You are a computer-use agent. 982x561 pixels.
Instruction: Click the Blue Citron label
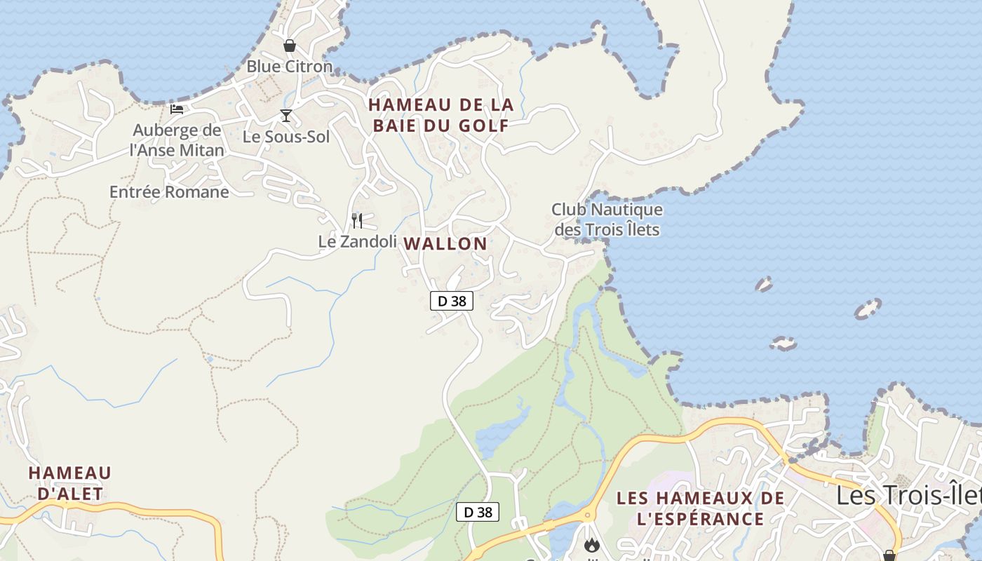pos(289,67)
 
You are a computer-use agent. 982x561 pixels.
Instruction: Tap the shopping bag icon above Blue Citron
pos(289,46)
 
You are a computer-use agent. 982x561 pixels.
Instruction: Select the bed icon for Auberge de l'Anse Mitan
pos(177,109)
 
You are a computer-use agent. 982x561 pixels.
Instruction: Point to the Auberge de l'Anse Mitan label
pos(177,140)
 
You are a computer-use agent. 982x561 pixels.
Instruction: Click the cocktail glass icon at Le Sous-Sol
pos(286,116)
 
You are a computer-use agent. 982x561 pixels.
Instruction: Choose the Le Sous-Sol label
pos(286,137)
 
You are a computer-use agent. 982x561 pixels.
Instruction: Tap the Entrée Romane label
pos(169,191)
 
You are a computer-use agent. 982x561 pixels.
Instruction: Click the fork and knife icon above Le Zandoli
pos(357,221)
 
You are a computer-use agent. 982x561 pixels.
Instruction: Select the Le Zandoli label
pos(358,241)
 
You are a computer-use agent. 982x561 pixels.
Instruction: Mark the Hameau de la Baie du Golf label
pos(441,115)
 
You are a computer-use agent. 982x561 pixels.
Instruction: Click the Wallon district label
pos(445,244)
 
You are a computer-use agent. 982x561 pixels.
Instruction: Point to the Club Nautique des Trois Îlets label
pos(607,219)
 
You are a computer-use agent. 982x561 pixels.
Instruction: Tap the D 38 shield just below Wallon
pos(452,301)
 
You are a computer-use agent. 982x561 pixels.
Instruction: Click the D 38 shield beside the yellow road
pos(478,512)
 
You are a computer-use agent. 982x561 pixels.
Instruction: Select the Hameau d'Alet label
pos(69,482)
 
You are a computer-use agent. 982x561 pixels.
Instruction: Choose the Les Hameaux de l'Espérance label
pos(700,508)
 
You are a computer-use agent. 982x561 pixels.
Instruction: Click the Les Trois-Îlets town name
pos(908,495)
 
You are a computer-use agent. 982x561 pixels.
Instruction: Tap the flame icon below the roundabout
pos(592,544)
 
